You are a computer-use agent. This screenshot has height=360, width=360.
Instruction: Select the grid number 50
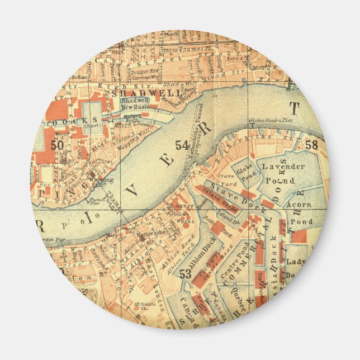(56, 145)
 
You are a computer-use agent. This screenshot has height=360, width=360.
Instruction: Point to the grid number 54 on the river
(182, 145)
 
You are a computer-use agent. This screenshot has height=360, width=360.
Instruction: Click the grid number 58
(311, 145)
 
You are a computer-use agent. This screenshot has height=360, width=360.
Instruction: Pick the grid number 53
(186, 274)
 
